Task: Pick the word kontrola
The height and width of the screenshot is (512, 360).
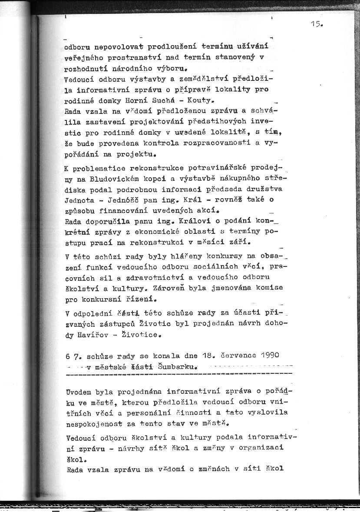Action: click(153, 143)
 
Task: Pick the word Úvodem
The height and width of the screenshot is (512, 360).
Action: click(79, 391)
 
